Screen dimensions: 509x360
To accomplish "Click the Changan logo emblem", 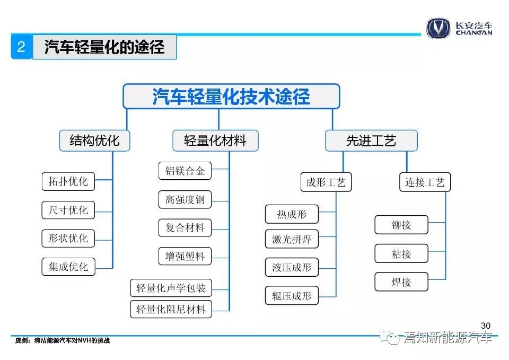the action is click(438, 28).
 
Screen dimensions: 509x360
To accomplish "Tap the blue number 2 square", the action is click(21, 47).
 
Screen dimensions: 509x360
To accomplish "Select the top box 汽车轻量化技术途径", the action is click(231, 96).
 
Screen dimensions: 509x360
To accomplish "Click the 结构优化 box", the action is click(94, 141).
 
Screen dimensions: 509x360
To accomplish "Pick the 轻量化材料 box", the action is click(215, 141).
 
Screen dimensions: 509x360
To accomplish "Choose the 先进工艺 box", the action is click(371, 141).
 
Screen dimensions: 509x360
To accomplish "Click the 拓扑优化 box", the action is click(68, 181).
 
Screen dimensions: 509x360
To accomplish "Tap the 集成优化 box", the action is click(68, 267).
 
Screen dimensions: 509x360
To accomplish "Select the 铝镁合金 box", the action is click(185, 171).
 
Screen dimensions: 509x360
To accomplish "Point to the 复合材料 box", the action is click(185, 227).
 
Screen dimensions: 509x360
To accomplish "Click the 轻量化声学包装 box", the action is click(171, 288).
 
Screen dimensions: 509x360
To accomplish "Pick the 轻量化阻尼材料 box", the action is click(171, 309).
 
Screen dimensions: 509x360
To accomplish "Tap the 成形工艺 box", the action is click(326, 182).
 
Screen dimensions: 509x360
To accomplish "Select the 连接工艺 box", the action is click(425, 182).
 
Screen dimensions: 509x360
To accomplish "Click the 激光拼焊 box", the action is click(292, 239).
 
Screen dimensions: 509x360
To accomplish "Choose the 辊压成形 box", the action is click(292, 295).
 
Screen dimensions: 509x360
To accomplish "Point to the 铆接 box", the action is click(401, 225).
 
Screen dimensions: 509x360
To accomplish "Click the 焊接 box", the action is click(401, 282).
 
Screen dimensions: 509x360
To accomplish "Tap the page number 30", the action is click(486, 326).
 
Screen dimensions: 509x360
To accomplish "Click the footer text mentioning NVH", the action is click(63, 340).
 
